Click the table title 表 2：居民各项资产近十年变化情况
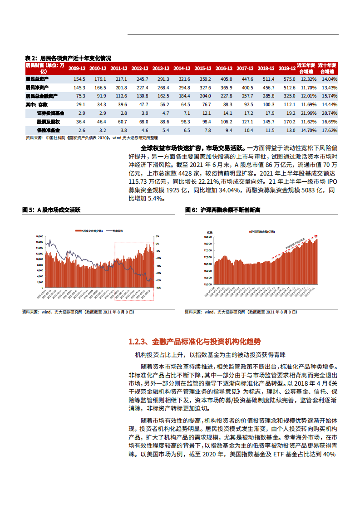click(x=68, y=58)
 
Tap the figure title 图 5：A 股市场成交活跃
click(x=53, y=210)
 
